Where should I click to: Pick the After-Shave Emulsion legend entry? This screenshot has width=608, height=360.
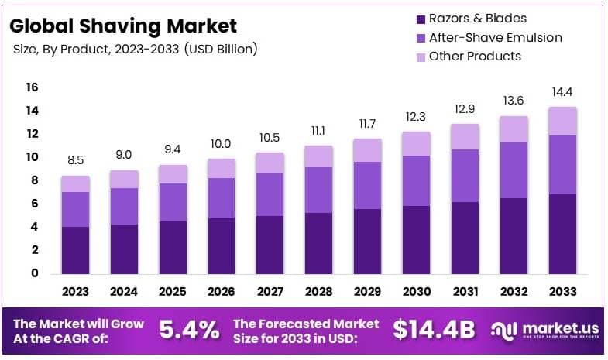(x=495, y=37)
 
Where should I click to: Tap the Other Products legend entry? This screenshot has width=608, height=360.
(x=474, y=56)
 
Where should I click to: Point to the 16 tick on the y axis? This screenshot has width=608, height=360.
(x=32, y=87)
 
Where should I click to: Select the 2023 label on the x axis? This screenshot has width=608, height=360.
(x=76, y=292)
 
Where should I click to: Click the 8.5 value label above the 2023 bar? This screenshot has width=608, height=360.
(x=76, y=161)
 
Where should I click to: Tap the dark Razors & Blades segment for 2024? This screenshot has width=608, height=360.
(x=124, y=249)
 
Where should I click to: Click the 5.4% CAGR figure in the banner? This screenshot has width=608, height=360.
(x=189, y=330)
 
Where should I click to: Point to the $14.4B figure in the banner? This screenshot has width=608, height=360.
(x=433, y=330)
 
